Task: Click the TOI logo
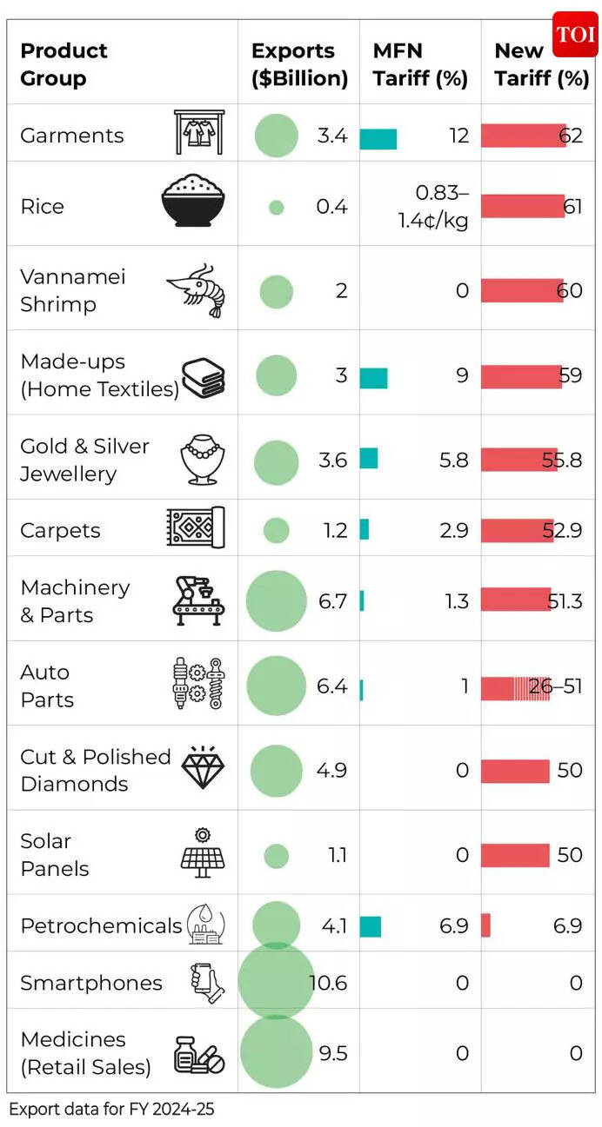point(575,35)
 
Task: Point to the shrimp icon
point(196,290)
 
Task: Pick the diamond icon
point(203,768)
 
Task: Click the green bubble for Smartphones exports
point(276,981)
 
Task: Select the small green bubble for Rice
point(276,207)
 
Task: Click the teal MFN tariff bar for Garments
point(378,138)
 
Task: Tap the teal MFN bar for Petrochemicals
point(371,926)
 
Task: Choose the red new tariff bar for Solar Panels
point(515,855)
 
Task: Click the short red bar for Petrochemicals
point(485,926)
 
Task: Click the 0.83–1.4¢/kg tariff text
point(432,207)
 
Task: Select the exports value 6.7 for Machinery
point(332,601)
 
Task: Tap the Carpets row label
point(60,531)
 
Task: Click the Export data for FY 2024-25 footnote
point(111,1109)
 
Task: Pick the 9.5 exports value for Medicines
point(332,1053)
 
